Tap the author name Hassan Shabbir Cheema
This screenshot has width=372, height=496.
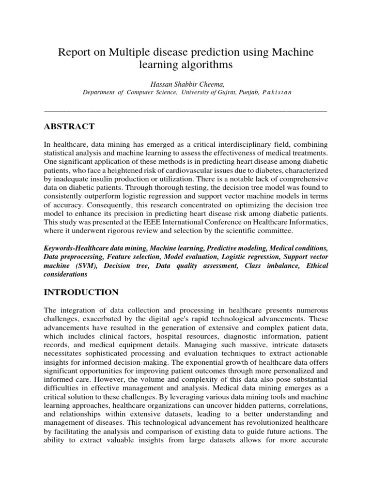[186, 83]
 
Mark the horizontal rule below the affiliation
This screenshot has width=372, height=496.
[186, 111]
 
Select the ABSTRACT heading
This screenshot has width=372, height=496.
[69, 127]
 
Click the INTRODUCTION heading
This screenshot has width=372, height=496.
[81, 292]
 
